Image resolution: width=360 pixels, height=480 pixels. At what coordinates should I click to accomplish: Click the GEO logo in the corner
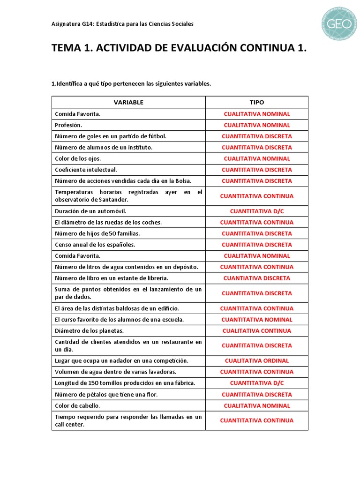coord(339,23)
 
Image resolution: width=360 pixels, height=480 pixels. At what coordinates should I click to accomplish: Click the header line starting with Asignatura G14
coord(122,24)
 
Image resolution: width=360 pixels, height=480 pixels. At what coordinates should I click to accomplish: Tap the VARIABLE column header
coord(128,102)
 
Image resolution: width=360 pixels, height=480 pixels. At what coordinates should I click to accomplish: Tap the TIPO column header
coord(256,102)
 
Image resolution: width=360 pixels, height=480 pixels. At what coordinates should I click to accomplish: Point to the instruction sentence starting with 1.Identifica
coord(131,84)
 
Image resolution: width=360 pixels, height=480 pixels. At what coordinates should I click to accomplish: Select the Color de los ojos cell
coord(78,158)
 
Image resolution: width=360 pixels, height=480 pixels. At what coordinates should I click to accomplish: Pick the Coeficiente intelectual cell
coord(86,170)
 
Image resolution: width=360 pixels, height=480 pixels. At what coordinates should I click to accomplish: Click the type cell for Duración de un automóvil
coord(256,211)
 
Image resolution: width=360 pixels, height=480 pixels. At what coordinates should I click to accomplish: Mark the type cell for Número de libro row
coord(256,278)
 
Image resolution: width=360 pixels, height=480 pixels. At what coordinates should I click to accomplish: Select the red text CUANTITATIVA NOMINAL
coord(256,320)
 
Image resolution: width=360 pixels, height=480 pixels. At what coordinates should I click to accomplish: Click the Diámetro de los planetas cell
coord(82,331)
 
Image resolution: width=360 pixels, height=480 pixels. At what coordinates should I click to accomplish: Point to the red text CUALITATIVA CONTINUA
coord(256,331)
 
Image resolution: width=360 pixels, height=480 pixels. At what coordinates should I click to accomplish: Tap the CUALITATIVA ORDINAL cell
coord(256,361)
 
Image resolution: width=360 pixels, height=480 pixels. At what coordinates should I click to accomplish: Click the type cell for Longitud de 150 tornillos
coord(256,383)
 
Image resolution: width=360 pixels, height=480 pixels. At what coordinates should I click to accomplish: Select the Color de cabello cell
coord(77,406)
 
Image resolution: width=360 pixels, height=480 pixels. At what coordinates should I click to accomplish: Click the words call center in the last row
coord(69,425)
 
